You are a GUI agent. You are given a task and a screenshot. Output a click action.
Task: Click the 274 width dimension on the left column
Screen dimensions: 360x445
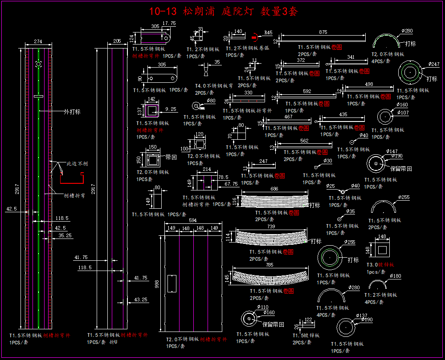[x=38, y=41]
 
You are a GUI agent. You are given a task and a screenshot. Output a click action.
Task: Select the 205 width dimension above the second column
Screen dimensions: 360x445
[x=117, y=41]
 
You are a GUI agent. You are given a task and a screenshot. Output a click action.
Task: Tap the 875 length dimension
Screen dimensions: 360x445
[x=323, y=32]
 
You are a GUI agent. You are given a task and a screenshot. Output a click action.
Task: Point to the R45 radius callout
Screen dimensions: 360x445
[x=268, y=32]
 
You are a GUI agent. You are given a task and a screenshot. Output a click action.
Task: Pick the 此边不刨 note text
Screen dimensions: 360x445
[x=77, y=164]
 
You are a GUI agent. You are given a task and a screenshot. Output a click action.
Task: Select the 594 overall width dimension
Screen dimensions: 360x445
[x=192, y=221]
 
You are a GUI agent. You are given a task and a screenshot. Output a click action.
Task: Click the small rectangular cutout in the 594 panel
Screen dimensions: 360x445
[x=171, y=283]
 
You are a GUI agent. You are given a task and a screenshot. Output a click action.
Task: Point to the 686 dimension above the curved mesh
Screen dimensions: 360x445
[x=274, y=189]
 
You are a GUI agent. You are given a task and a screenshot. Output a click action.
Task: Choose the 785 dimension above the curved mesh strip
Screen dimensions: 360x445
[x=269, y=265]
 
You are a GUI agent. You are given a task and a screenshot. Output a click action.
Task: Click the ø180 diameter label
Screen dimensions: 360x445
[x=396, y=276]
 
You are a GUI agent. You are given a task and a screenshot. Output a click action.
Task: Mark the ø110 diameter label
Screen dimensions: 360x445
[x=263, y=307]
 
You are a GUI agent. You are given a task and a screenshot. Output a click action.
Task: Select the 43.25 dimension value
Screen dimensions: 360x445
[x=141, y=299]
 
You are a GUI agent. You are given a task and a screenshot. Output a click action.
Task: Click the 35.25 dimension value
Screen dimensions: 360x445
[x=65, y=235]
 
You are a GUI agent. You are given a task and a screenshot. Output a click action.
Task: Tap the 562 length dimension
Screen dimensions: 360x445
[x=304, y=141]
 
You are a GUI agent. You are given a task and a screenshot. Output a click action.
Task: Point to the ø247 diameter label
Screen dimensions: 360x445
[x=434, y=64]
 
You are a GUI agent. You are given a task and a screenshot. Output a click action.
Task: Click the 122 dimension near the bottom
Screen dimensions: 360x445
[x=308, y=320]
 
